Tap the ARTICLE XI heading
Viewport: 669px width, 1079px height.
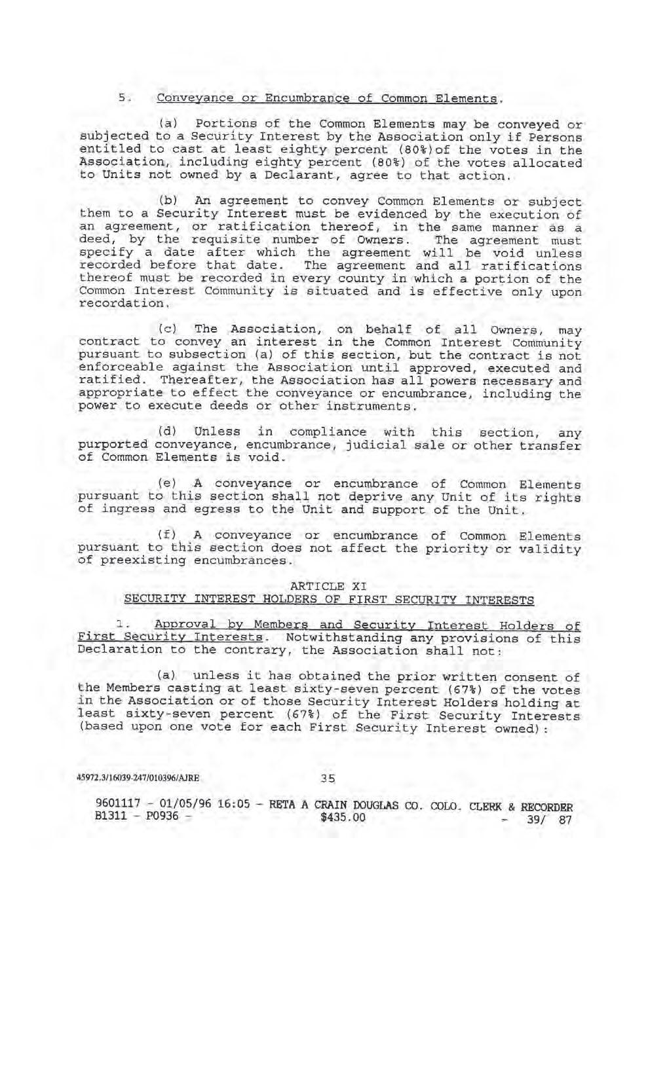tap(328, 586)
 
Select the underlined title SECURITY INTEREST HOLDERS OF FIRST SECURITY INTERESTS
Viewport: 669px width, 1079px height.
tap(329, 599)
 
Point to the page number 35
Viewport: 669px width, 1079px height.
tap(328, 778)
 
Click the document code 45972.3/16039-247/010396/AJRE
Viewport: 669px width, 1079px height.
tap(138, 778)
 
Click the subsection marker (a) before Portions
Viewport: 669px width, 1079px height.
tap(168, 124)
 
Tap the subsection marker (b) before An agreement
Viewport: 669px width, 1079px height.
tap(168, 200)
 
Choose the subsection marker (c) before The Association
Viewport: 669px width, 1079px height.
tap(168, 329)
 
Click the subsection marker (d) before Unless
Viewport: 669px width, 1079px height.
tap(168, 432)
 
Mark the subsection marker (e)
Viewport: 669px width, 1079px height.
tap(168, 484)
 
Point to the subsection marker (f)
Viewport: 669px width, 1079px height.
tap(168, 536)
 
